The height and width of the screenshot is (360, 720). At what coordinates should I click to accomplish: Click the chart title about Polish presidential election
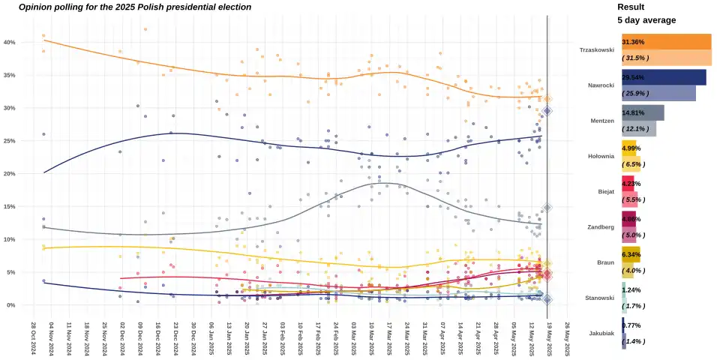pos(135,7)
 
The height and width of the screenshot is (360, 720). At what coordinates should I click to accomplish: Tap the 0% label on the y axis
pos(11,305)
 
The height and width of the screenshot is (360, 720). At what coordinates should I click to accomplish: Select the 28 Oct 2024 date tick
pos(33,339)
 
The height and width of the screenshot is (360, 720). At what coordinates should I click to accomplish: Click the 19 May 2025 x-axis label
pos(549,339)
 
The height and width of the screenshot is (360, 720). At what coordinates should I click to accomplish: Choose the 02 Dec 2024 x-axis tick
pos(121,339)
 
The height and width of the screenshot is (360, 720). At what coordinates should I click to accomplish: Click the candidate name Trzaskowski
pos(597,50)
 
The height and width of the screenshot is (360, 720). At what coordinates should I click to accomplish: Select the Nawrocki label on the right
pos(601,85)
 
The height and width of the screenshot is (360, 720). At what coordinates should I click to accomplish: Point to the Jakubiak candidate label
pos(601,334)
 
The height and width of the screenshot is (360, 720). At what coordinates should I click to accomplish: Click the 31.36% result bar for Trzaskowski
pos(666,42)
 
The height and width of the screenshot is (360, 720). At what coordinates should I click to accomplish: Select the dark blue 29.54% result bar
pos(664,77)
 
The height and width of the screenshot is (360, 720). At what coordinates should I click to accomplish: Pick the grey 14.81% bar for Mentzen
pos(643,112)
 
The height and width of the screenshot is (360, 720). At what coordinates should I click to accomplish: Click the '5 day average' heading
pos(646,20)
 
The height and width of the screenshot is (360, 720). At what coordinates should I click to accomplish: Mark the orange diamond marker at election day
pos(547,99)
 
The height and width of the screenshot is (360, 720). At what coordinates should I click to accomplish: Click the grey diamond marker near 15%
pos(547,208)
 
